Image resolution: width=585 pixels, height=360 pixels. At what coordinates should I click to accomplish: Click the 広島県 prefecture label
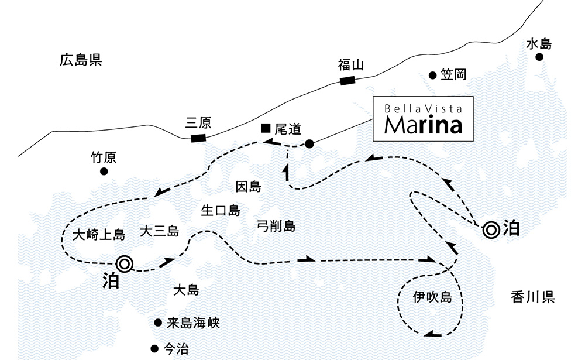point(81,60)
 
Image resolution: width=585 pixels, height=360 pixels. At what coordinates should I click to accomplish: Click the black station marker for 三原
point(198,138)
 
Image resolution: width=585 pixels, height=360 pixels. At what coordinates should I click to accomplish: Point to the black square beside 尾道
point(266,127)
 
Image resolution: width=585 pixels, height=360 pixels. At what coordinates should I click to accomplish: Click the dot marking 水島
point(539,57)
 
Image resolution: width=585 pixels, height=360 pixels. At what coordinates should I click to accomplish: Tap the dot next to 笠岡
point(432,75)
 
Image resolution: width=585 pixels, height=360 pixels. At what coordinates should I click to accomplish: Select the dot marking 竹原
point(104,172)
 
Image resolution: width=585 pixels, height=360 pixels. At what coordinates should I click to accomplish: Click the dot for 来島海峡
point(157,323)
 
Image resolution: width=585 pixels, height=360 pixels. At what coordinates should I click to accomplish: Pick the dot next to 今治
point(154,348)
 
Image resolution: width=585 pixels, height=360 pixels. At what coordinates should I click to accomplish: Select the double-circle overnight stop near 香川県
point(490,229)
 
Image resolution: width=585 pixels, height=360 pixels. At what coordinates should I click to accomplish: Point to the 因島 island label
point(248,187)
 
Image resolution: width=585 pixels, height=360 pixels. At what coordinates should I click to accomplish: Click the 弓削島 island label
point(276,226)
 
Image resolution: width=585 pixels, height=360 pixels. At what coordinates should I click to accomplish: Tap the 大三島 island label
point(159,232)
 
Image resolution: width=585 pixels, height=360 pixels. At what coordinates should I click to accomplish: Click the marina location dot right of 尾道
point(309,143)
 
